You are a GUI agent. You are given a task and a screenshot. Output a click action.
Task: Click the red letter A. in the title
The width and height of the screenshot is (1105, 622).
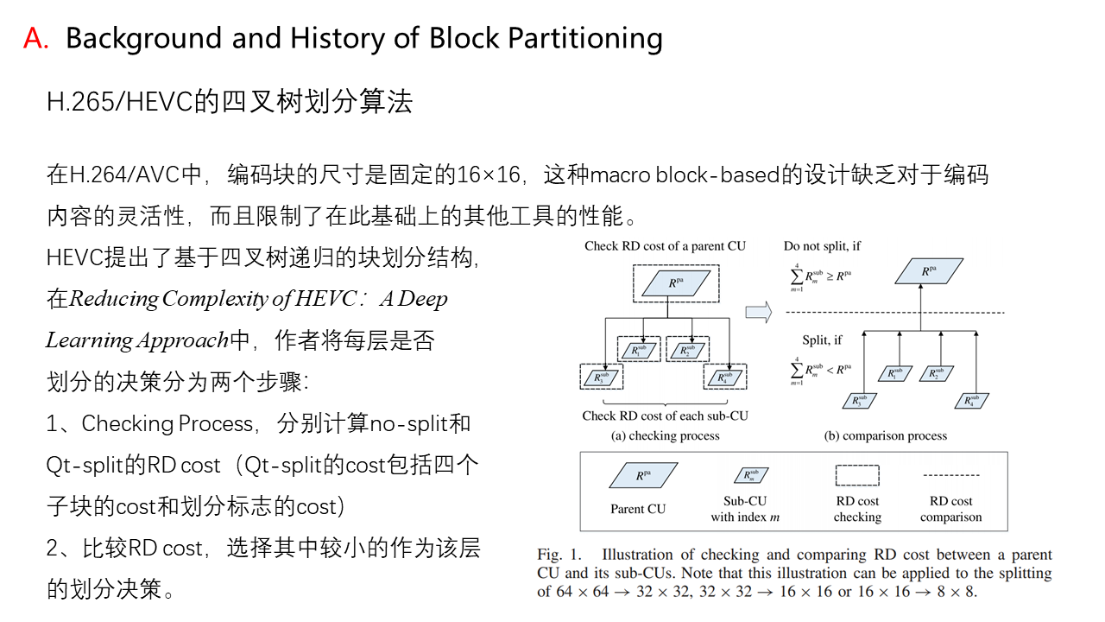coord(36,39)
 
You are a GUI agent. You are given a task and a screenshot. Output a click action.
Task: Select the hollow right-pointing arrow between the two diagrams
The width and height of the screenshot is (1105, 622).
coord(758,313)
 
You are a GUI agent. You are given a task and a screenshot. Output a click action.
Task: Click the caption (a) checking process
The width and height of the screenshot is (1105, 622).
coord(665,435)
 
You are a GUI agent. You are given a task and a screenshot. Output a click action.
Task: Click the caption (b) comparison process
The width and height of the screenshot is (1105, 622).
coord(886,435)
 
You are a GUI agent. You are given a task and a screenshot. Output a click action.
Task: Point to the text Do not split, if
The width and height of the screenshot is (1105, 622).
coord(822,246)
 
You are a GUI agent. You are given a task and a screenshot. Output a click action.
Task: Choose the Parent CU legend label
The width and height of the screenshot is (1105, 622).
coord(638,509)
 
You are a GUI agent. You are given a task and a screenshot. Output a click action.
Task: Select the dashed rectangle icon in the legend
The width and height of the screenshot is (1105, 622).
coord(857,475)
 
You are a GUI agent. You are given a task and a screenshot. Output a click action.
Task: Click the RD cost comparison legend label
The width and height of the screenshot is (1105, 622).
coord(950,509)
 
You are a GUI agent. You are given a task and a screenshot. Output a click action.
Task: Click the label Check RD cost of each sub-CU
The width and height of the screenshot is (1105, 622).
coord(665,416)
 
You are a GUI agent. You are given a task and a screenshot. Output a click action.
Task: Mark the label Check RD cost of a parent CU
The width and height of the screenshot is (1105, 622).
coord(665,246)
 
